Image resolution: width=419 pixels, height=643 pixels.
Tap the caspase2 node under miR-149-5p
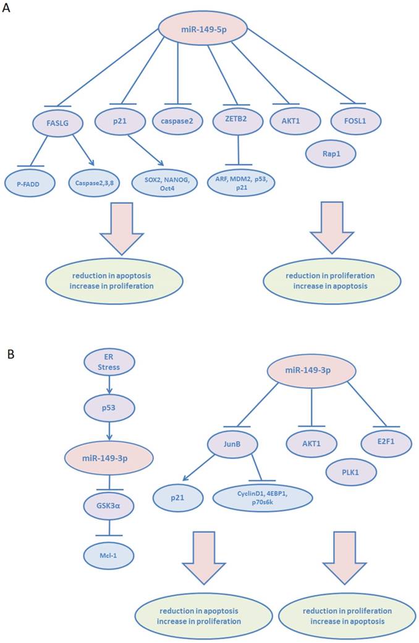coord(177,120)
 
